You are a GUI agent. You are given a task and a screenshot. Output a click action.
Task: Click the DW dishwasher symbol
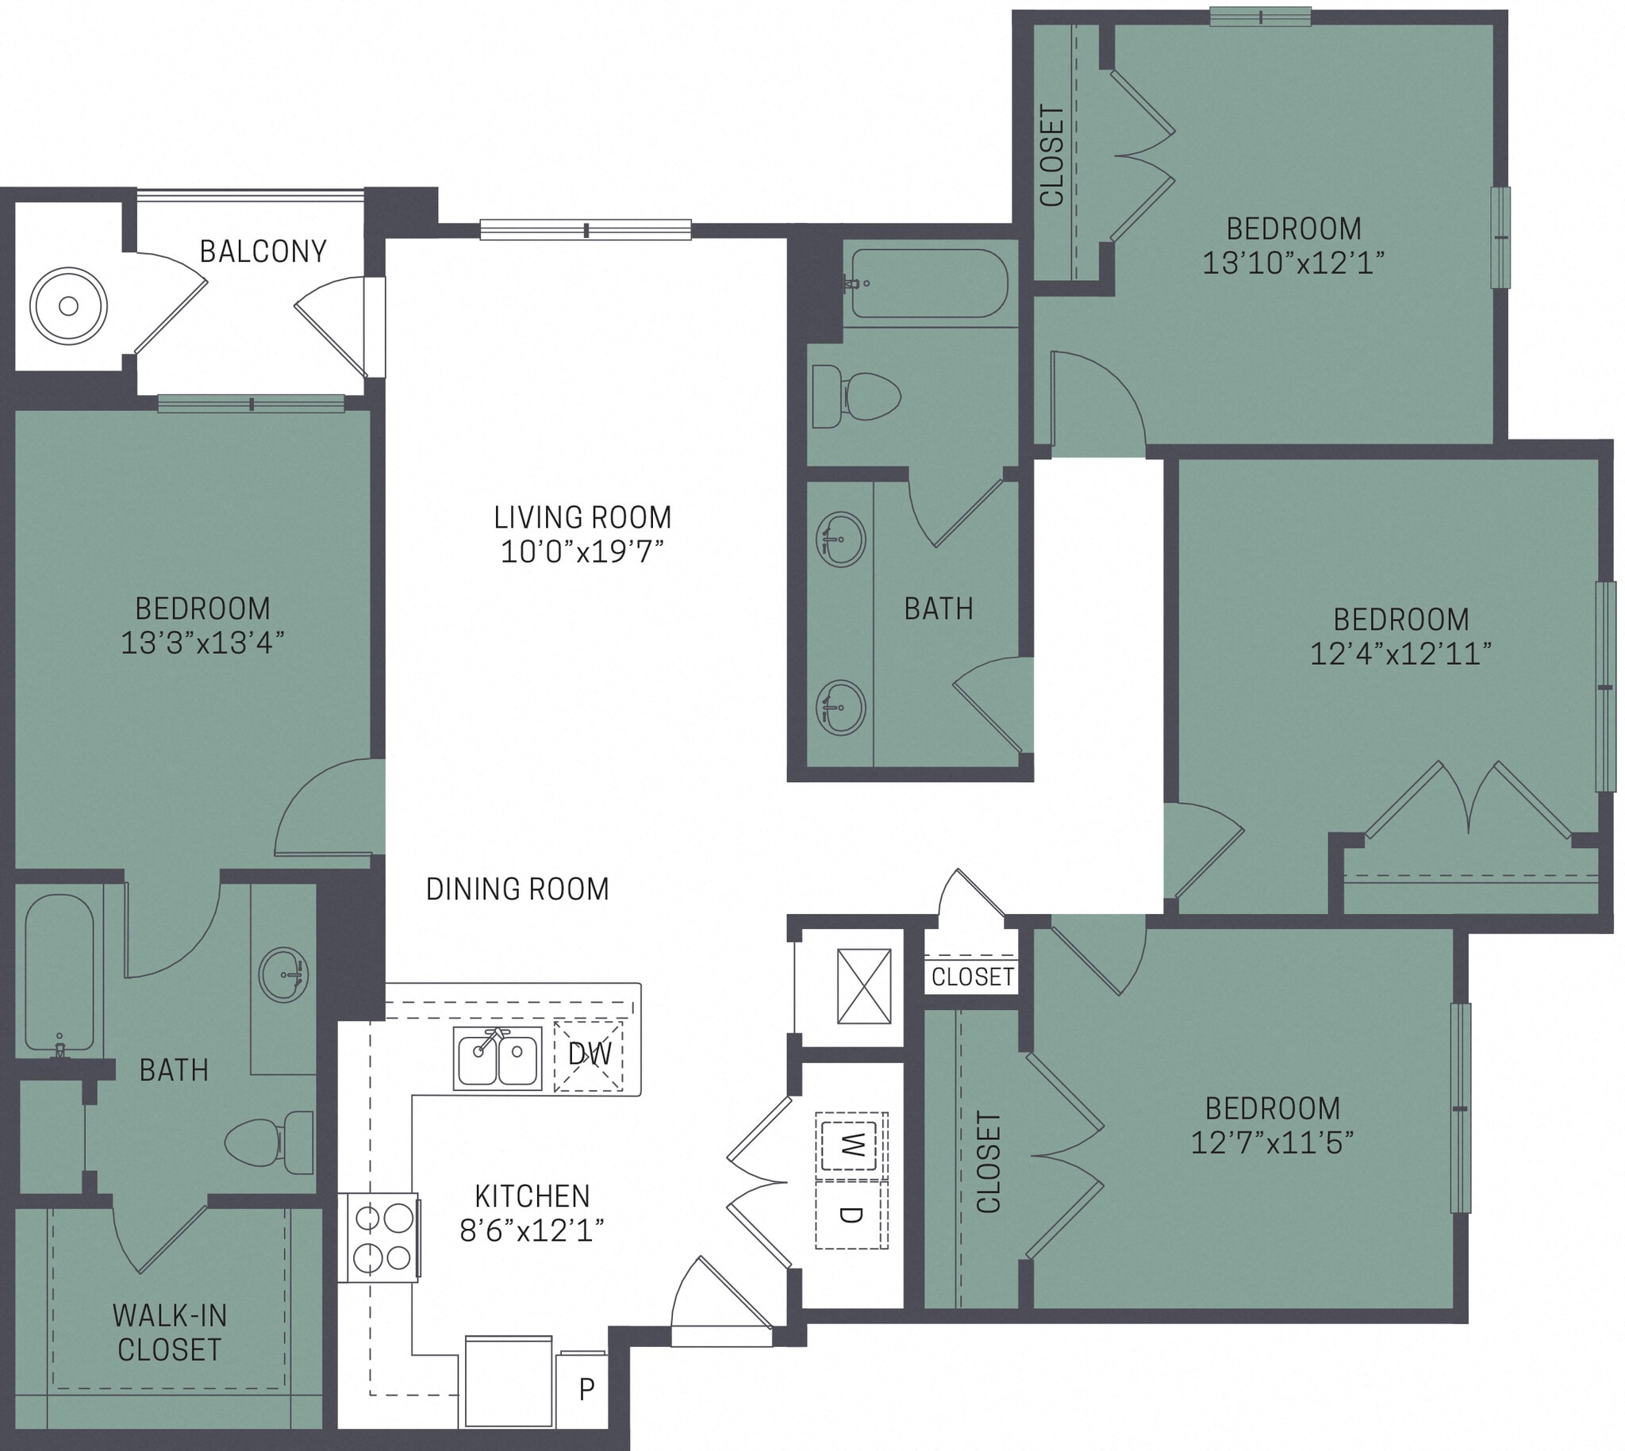589,1055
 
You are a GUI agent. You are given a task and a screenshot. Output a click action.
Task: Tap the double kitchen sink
497,1058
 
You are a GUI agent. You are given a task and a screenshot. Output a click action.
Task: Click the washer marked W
851,1146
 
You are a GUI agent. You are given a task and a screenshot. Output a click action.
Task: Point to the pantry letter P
586,1390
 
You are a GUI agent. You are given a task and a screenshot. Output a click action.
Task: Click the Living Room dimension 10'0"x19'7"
582,551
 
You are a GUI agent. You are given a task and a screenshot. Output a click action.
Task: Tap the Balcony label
263,252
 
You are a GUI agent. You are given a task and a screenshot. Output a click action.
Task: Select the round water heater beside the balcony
68,306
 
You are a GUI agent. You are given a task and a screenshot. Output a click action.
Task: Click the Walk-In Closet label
169,1332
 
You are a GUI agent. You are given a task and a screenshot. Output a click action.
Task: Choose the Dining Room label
517,889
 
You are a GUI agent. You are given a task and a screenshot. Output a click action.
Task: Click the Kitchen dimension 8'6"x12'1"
532,1231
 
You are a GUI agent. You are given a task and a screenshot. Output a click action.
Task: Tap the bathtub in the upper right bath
930,284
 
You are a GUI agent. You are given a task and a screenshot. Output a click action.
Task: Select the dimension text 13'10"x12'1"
1293,263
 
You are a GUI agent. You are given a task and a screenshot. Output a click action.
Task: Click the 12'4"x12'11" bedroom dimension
1400,654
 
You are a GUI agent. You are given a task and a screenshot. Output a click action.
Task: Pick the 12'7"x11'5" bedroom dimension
1272,1142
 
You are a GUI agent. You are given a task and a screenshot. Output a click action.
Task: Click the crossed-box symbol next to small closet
863,986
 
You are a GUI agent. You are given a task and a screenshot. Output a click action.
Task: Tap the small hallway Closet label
972,977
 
